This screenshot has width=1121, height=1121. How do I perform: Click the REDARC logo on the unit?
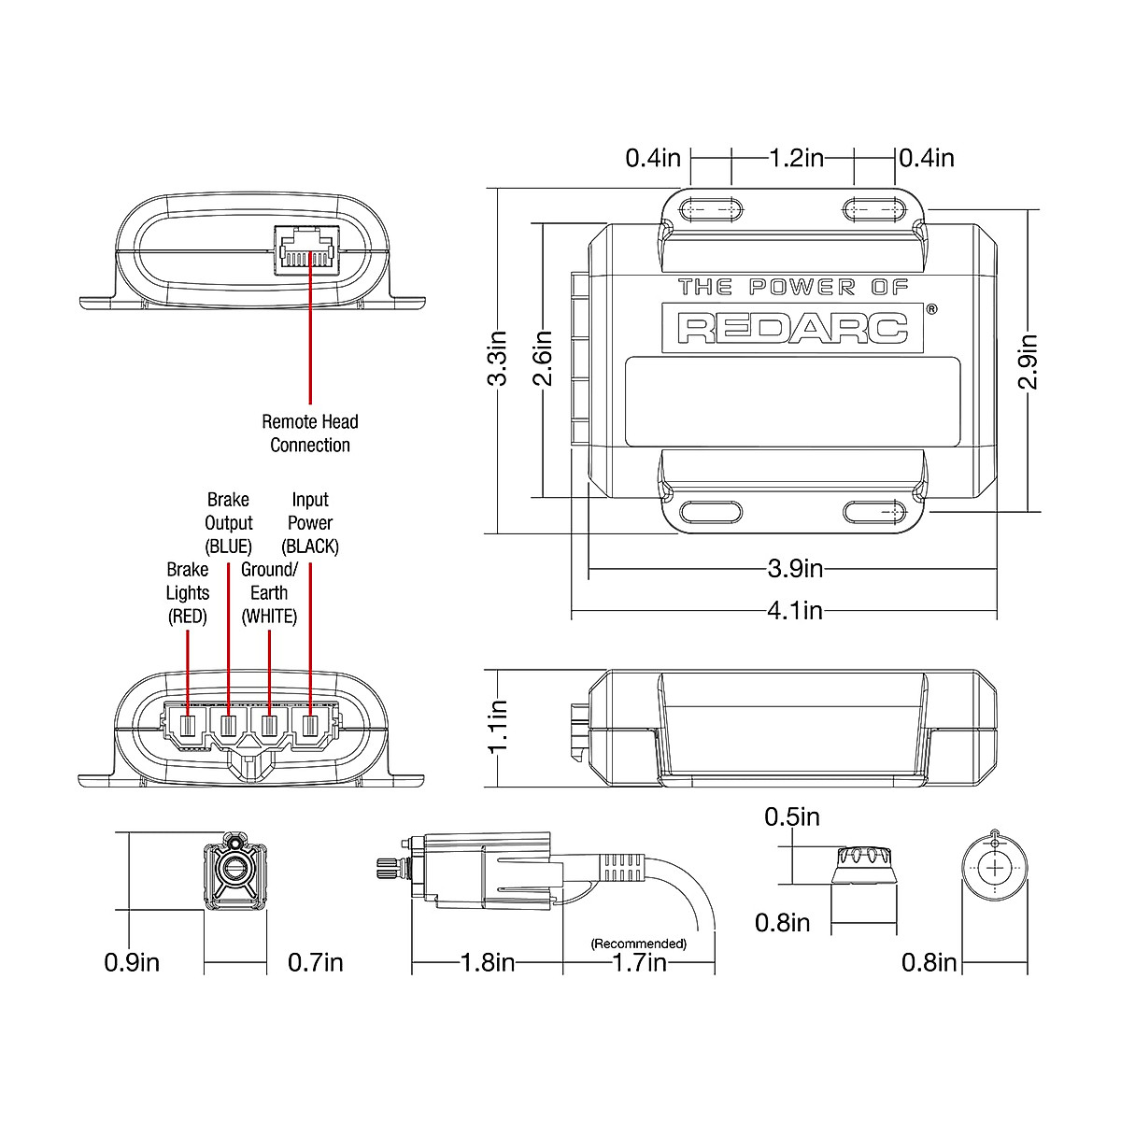coord(792,328)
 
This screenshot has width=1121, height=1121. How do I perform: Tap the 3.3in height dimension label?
coord(497,359)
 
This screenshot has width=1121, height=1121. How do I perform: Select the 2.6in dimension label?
coord(543,359)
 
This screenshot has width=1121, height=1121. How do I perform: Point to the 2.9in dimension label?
coord(1028,362)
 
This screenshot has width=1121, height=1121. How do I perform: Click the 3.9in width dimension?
coord(795,568)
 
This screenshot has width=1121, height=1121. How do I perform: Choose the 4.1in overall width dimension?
coord(795,610)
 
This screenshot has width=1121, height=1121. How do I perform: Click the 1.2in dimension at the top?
coord(797,158)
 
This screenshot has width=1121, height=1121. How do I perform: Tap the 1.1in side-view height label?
coord(497,727)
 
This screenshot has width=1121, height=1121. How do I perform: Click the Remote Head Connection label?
coord(310,433)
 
